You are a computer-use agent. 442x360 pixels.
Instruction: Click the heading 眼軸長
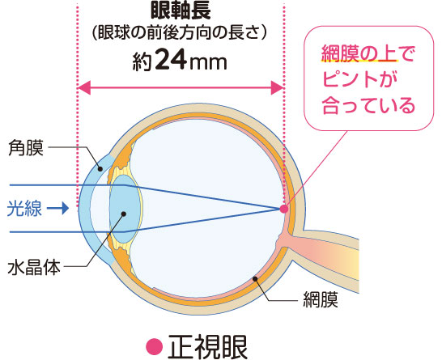click(181, 11)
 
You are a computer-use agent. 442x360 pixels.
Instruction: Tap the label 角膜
click(26, 147)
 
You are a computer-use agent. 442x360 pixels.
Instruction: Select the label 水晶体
click(34, 267)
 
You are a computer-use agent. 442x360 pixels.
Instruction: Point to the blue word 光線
click(24, 209)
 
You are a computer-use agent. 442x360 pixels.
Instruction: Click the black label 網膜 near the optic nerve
click(321, 299)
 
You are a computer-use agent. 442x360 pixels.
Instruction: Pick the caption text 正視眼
click(208, 346)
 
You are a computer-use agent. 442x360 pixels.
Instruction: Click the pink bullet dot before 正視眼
click(155, 347)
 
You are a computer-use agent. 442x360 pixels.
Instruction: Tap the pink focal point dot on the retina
click(284, 209)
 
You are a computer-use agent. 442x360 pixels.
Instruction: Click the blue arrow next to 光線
click(57, 209)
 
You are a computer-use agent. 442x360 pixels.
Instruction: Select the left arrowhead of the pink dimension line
click(84, 87)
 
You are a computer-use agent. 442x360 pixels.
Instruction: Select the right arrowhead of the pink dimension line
click(277, 87)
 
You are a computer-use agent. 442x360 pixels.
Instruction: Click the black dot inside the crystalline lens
click(124, 214)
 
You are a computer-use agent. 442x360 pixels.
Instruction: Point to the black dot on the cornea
click(100, 169)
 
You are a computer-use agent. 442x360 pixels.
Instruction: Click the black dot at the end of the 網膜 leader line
click(255, 279)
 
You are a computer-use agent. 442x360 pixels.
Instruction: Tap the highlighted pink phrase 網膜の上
click(359, 54)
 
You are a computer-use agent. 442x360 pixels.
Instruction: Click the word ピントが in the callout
click(359, 80)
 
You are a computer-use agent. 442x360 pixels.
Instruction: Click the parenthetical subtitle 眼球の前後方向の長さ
click(180, 34)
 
